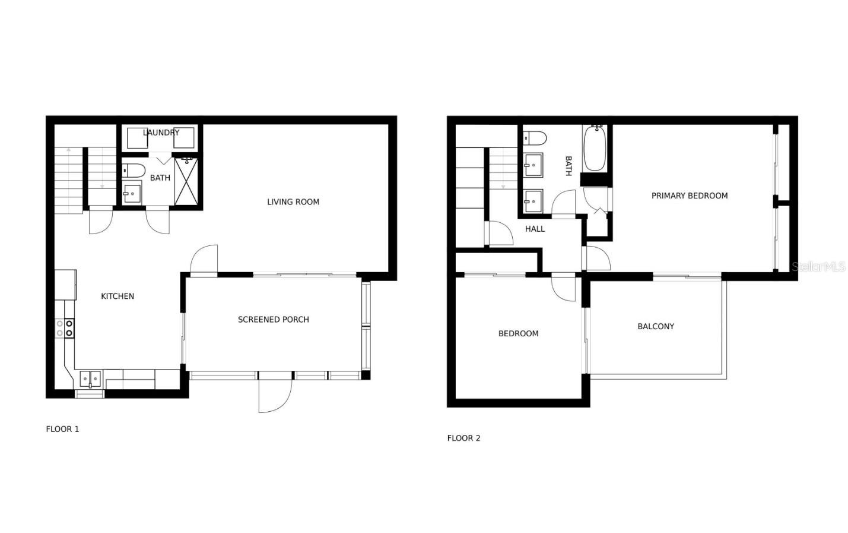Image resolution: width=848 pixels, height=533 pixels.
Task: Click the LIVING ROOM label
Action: (293, 202)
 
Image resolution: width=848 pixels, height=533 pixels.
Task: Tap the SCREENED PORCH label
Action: (273, 320)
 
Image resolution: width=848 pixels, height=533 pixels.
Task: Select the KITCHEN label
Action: (117, 297)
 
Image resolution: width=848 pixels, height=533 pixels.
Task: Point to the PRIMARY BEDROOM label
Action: (689, 196)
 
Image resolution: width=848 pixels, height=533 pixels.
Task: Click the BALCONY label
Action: (655, 326)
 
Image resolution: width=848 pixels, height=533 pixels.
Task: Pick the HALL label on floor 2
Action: (535, 229)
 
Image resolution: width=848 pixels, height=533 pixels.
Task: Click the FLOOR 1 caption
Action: (62, 429)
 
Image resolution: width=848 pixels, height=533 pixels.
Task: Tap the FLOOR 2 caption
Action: (463, 438)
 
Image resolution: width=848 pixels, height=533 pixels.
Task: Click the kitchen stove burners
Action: (65, 328)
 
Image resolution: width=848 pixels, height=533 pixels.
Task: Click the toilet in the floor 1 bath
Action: (133, 171)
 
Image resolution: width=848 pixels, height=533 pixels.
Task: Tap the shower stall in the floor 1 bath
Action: (186, 181)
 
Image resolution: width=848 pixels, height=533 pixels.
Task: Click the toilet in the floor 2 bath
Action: (534, 138)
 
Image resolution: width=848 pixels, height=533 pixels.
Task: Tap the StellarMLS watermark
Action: (818, 267)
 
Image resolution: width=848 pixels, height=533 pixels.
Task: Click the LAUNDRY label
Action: (161, 133)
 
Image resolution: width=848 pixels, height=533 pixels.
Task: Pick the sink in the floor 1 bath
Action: (131, 193)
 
